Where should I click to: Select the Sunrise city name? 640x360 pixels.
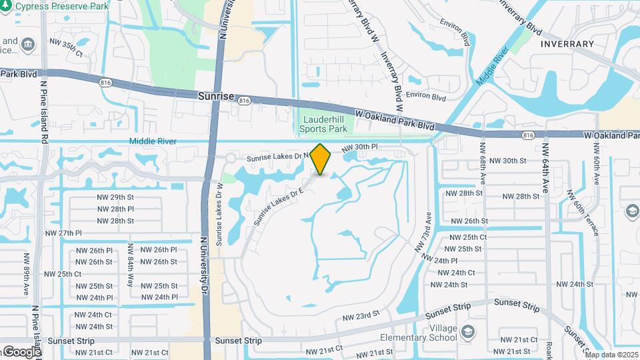216,96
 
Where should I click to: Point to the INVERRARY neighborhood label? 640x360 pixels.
567,44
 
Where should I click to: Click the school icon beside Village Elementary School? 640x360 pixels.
469,331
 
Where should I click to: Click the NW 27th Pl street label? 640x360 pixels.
63,233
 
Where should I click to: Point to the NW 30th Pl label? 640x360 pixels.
360,147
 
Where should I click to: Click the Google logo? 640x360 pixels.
21,351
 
